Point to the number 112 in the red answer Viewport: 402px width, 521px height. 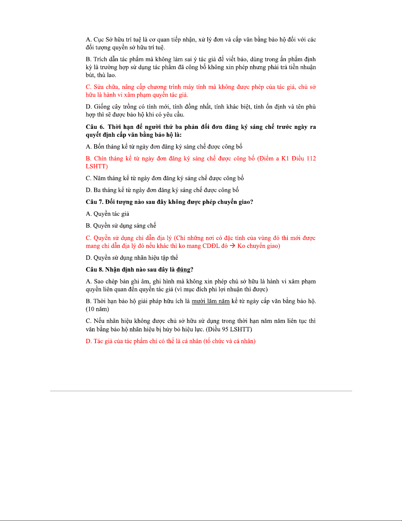(x=311, y=158)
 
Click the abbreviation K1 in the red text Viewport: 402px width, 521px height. (x=285, y=158)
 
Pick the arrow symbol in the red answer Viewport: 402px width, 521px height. (x=232, y=246)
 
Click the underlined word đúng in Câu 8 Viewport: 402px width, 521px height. (x=183, y=270)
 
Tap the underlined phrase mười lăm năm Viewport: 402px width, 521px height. (x=210, y=301)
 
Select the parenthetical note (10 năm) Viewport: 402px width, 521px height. (x=97, y=309)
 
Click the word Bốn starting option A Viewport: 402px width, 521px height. (x=99, y=147)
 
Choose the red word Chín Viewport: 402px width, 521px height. (x=100, y=158)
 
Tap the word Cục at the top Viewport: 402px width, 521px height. (x=99, y=40)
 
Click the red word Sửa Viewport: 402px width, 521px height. (x=99, y=87)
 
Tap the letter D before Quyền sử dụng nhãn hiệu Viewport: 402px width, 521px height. (x=89, y=258)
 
